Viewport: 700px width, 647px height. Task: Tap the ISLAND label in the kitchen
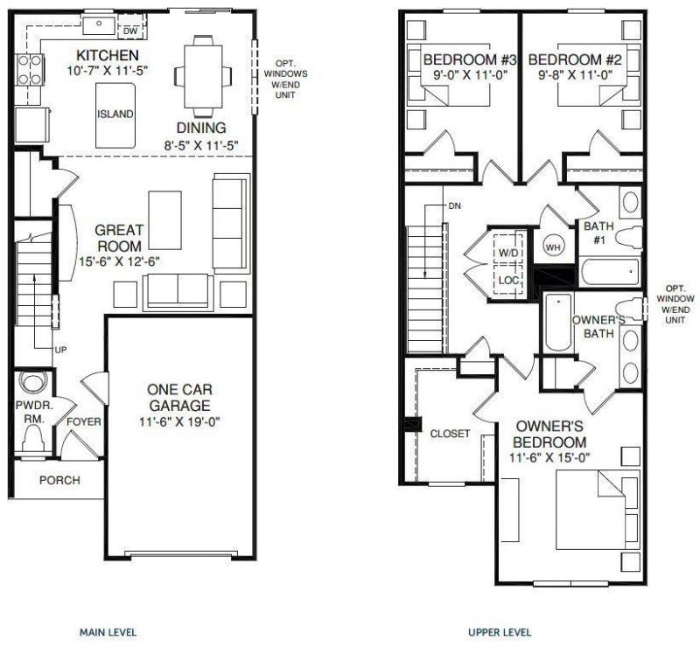coord(115,114)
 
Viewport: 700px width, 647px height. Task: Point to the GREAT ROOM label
coord(120,239)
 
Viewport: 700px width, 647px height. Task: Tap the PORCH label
coord(59,480)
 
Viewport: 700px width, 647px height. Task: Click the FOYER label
coord(84,422)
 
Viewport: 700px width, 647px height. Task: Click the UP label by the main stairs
coord(60,350)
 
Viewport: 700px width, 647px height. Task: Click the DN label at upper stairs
coord(454,205)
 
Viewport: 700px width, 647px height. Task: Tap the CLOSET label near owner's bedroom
coord(450,433)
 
